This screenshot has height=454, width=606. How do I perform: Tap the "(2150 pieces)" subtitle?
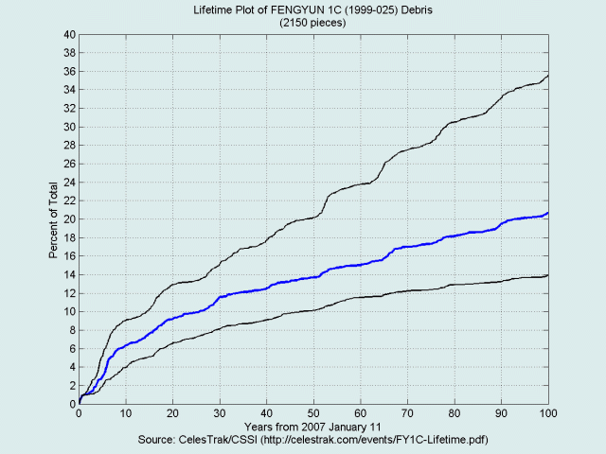[313, 22]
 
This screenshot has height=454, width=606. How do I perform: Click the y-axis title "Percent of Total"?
[54, 219]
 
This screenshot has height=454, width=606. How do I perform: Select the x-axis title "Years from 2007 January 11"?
[313, 428]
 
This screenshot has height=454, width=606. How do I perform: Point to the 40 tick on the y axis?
[69, 35]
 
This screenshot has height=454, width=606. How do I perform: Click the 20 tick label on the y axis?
[69, 219]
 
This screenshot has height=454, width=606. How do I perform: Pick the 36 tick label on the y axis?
[69, 72]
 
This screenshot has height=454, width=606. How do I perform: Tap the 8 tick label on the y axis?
[72, 330]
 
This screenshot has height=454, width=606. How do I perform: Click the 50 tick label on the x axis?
[313, 414]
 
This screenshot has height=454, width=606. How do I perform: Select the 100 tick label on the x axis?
[548, 414]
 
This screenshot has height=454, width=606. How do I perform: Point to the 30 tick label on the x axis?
[220, 414]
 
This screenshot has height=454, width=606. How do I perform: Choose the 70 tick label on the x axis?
[407, 414]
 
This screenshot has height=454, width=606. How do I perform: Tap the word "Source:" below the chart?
[160, 441]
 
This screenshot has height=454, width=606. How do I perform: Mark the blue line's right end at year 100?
[548, 214]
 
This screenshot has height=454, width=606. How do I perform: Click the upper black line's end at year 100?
[548, 76]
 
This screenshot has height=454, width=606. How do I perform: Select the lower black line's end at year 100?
[548, 275]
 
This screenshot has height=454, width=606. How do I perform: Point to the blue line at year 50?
[313, 277]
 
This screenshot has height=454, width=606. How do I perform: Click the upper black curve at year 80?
[454, 123]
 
